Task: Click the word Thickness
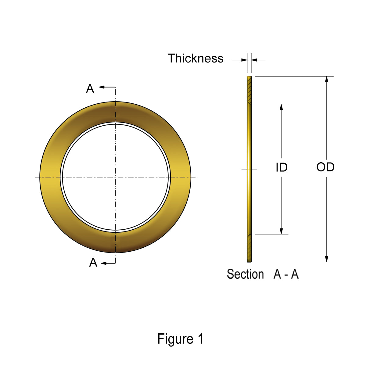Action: click(196, 58)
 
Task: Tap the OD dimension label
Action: click(325, 167)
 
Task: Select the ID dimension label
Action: click(282, 167)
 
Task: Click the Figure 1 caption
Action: click(180, 339)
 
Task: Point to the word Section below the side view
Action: click(245, 274)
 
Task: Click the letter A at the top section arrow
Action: click(90, 89)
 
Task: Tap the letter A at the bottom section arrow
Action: click(93, 262)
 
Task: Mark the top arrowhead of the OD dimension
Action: click(327, 79)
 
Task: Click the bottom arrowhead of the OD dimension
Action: click(327, 259)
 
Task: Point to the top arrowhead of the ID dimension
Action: click(282, 107)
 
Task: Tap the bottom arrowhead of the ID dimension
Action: click(282, 231)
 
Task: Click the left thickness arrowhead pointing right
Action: click(244, 60)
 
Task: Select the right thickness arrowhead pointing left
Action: click(254, 60)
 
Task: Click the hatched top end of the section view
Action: click(249, 90)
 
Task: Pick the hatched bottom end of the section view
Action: click(249, 248)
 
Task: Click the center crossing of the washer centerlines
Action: click(115, 177)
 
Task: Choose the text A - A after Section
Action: click(286, 274)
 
